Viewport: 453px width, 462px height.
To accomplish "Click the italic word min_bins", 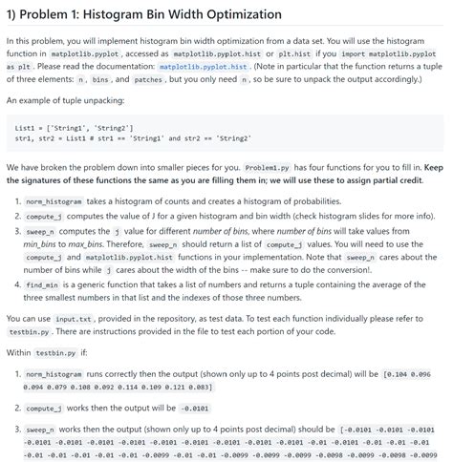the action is [x=40, y=242].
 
